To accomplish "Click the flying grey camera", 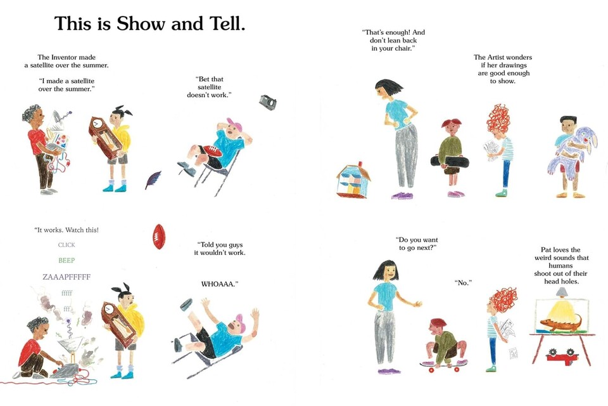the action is [x=267, y=102].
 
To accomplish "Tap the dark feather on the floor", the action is [x=153, y=180].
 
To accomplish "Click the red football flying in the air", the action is [x=158, y=236].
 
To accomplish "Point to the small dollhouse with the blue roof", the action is [x=353, y=181].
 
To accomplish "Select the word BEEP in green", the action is [x=66, y=260].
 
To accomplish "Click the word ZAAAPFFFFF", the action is [x=66, y=277].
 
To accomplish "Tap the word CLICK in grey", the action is [x=66, y=245].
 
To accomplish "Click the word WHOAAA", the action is [x=219, y=284].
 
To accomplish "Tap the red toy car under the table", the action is [x=561, y=355].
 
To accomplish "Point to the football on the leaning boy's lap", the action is [x=210, y=151].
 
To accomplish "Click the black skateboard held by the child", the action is [x=450, y=161].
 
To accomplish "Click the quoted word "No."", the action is [x=463, y=283].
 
